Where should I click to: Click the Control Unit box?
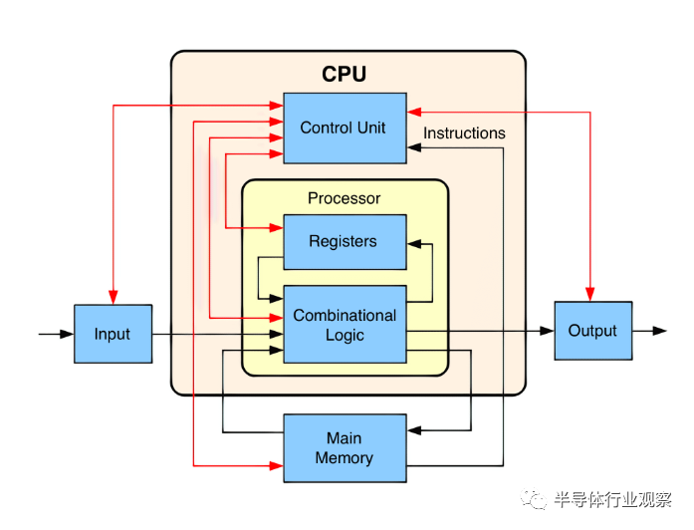coord(345,128)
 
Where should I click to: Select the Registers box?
coord(345,241)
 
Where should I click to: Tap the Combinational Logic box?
coord(345,325)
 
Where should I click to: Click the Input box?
coord(113,334)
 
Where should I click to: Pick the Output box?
coord(592,331)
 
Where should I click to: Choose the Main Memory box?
coord(345,448)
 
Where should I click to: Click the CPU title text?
coord(345,75)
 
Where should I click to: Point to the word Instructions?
coord(464,133)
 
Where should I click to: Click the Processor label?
coord(345,198)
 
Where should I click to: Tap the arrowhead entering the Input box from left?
coord(68,334)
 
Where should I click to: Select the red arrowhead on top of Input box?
coord(114,298)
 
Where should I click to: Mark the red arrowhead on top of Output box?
coord(590,295)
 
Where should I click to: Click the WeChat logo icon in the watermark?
coord(538,497)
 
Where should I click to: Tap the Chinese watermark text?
coord(611,498)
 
